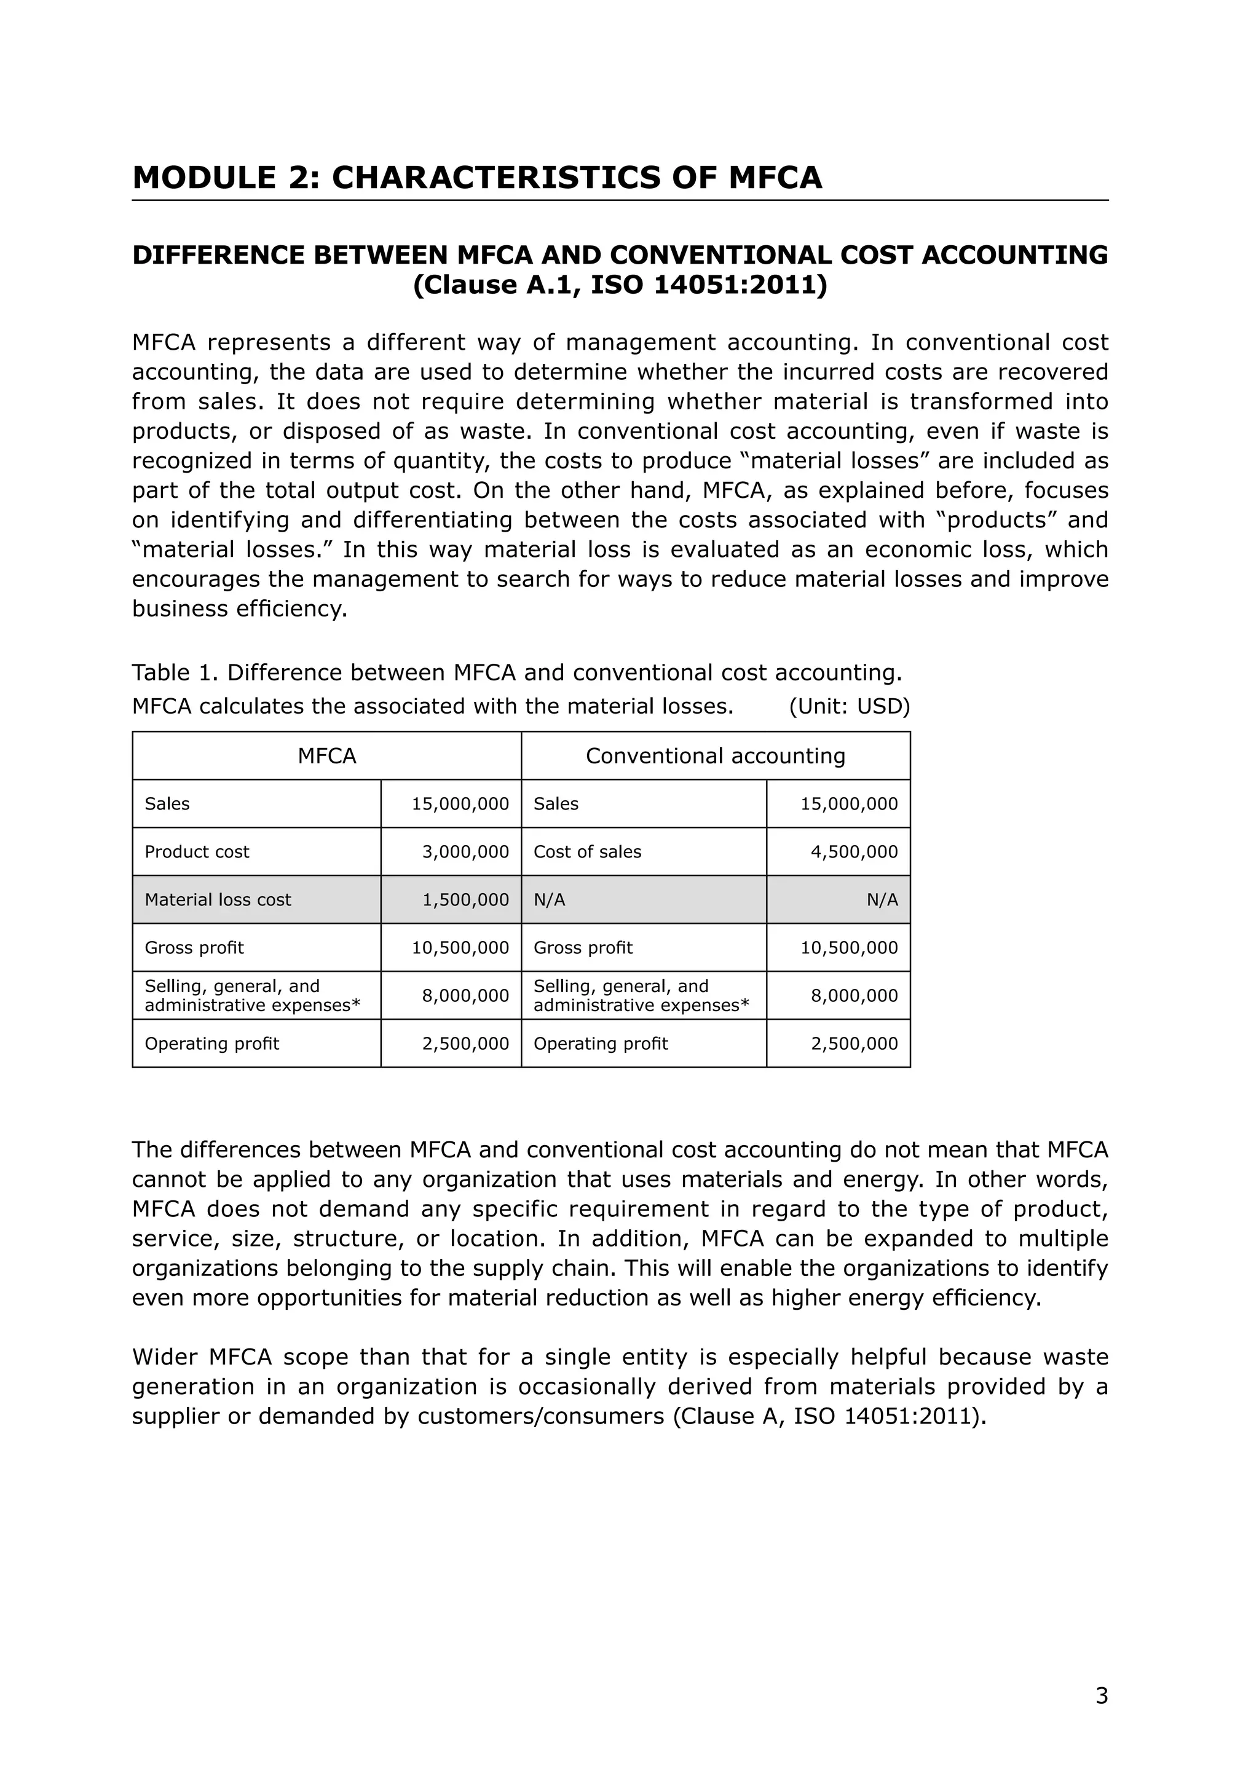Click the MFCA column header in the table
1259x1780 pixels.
(326, 756)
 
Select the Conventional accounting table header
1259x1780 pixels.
(715, 756)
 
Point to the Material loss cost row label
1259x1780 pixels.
(218, 899)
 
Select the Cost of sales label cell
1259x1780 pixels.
(587, 851)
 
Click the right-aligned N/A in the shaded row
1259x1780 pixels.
(882, 899)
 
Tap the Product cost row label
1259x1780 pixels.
(197, 851)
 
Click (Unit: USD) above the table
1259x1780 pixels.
(849, 706)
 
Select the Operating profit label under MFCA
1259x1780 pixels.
(211, 1044)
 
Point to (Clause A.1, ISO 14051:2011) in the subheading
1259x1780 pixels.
(620, 285)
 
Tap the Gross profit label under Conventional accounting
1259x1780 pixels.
(583, 947)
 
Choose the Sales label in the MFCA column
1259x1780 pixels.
(167, 803)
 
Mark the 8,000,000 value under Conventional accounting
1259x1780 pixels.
(853, 996)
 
